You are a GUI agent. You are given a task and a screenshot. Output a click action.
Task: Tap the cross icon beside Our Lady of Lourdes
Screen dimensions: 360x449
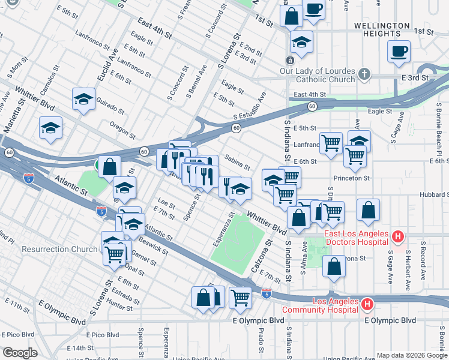(x=364, y=74)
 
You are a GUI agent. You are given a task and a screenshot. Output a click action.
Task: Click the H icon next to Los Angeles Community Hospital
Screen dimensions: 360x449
(x=367, y=305)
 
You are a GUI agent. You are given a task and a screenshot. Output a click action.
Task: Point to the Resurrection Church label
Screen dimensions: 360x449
(x=59, y=249)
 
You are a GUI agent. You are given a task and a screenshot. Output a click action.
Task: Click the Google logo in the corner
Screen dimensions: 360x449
(x=20, y=352)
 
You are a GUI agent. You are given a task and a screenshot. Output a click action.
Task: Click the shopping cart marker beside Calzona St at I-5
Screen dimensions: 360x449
(x=240, y=296)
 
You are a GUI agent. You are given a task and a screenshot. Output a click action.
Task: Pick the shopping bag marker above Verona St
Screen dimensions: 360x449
(x=334, y=265)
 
